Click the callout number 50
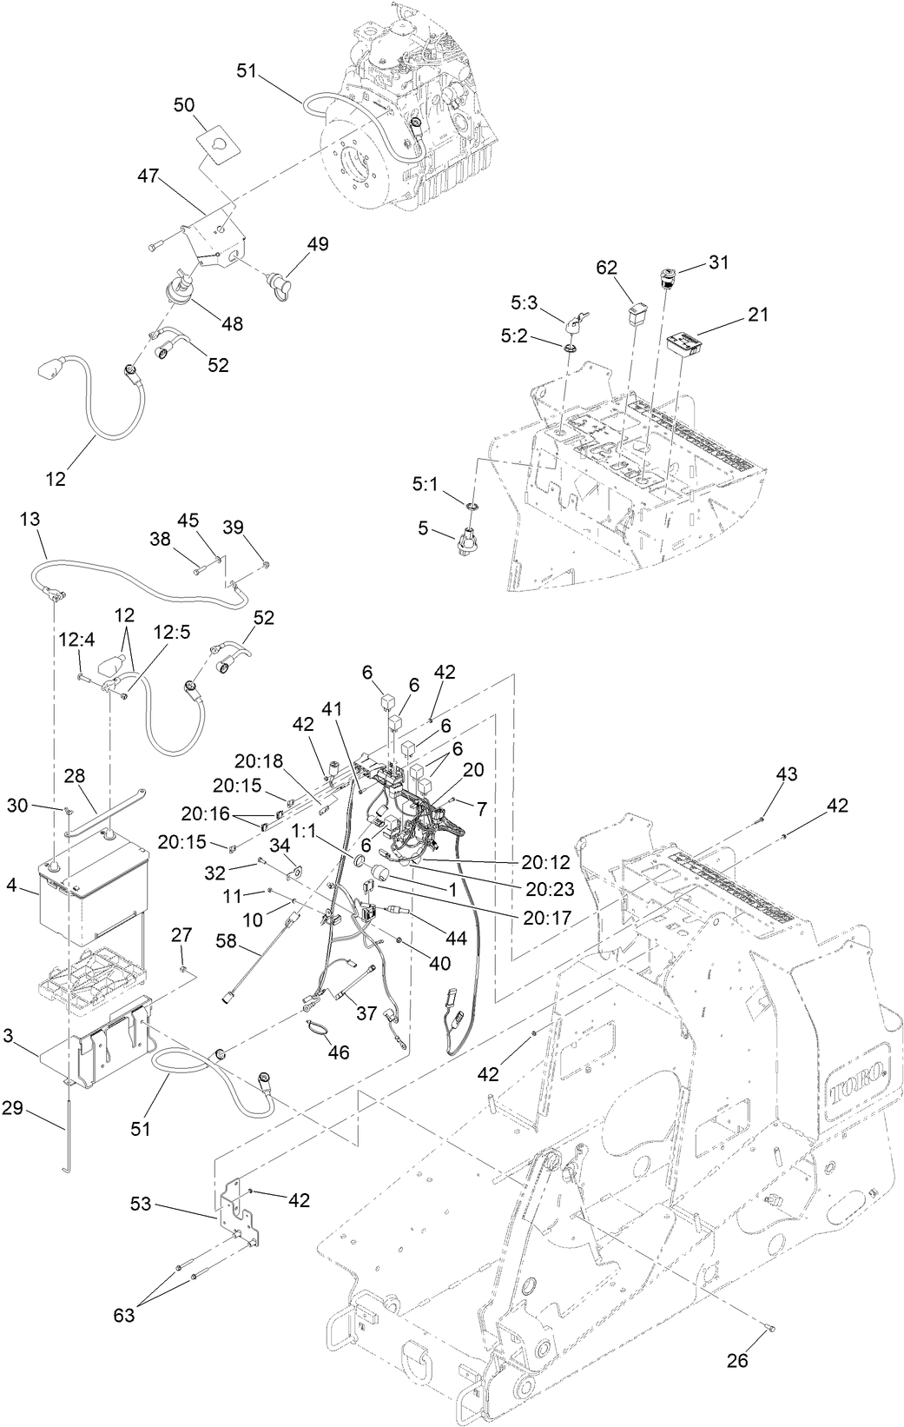pyautogui.click(x=184, y=104)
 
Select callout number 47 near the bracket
pyautogui.click(x=148, y=175)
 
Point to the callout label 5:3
pyautogui.click(x=525, y=303)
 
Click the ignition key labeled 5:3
pyautogui.click(x=576, y=324)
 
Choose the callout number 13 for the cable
pyautogui.click(x=30, y=519)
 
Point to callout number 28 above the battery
pyautogui.click(x=75, y=774)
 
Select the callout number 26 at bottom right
pyautogui.click(x=736, y=1361)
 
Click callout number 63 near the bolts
pyautogui.click(x=124, y=1315)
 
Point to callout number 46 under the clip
pyautogui.click(x=338, y=1052)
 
